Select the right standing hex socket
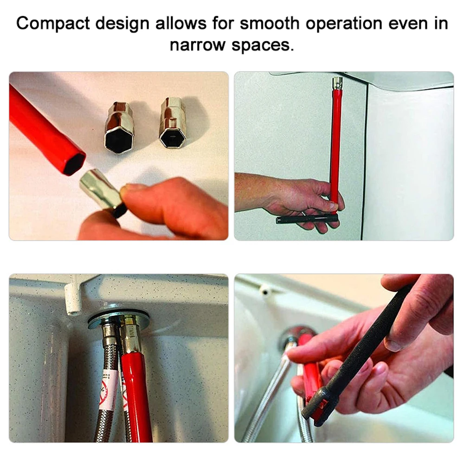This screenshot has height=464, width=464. (172, 122)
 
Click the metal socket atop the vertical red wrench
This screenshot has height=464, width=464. (337, 83)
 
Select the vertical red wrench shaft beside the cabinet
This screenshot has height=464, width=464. (335, 139)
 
